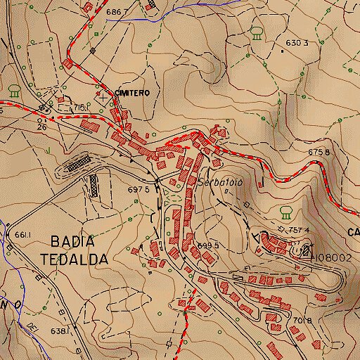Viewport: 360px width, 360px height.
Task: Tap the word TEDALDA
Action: pyautogui.click(x=75, y=259)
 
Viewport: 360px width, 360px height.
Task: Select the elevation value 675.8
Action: pyautogui.click(x=318, y=152)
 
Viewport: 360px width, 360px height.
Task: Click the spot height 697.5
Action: pyautogui.click(x=138, y=189)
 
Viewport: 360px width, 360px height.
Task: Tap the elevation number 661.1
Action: pyautogui.click(x=23, y=234)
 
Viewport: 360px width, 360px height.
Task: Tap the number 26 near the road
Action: pyautogui.click(x=41, y=127)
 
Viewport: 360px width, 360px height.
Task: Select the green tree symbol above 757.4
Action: pyautogui.click(x=285, y=211)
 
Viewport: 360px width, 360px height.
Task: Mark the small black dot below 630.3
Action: pyautogui.click(x=282, y=51)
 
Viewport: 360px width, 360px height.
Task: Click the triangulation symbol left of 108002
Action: pyautogui.click(x=305, y=250)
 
